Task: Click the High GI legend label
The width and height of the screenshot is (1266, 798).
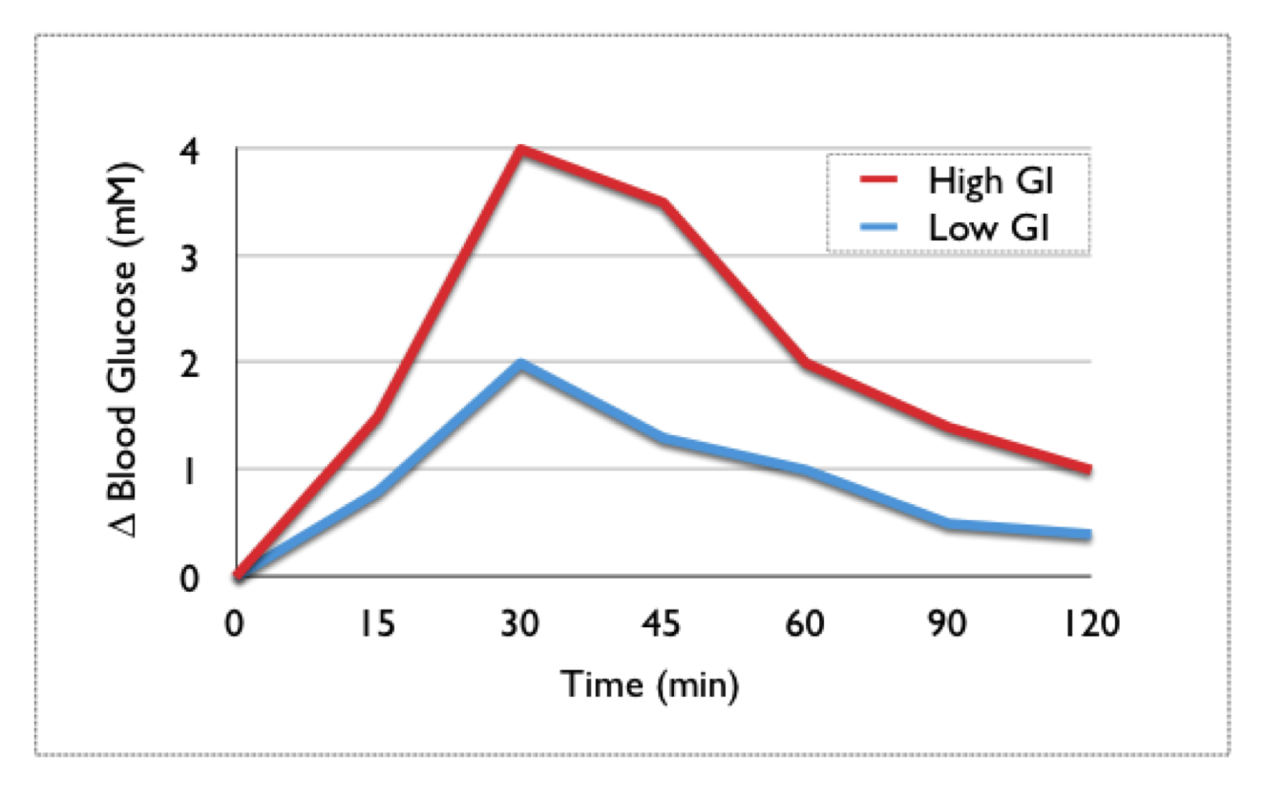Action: point(993,180)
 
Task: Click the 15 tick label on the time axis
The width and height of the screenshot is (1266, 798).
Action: point(378,624)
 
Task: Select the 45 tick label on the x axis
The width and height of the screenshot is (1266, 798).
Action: point(663,624)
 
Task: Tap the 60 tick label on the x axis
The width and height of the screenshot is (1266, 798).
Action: point(806,624)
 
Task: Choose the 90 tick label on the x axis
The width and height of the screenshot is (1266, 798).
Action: point(948,624)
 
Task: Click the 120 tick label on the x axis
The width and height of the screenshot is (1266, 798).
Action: point(1089,624)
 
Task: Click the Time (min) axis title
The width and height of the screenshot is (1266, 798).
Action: point(649,684)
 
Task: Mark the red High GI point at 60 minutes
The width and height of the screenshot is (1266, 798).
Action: point(806,364)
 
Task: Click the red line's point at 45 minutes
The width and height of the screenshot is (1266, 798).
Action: point(663,202)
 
